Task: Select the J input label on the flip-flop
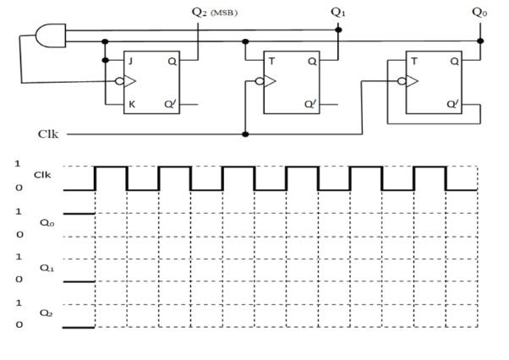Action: point(129,60)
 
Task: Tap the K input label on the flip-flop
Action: point(129,105)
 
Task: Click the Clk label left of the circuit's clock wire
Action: point(48,134)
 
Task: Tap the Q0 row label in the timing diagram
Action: point(46,223)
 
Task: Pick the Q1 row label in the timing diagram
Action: point(46,268)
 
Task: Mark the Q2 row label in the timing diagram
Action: point(46,313)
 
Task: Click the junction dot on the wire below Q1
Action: point(338,30)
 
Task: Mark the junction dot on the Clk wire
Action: point(245,134)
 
